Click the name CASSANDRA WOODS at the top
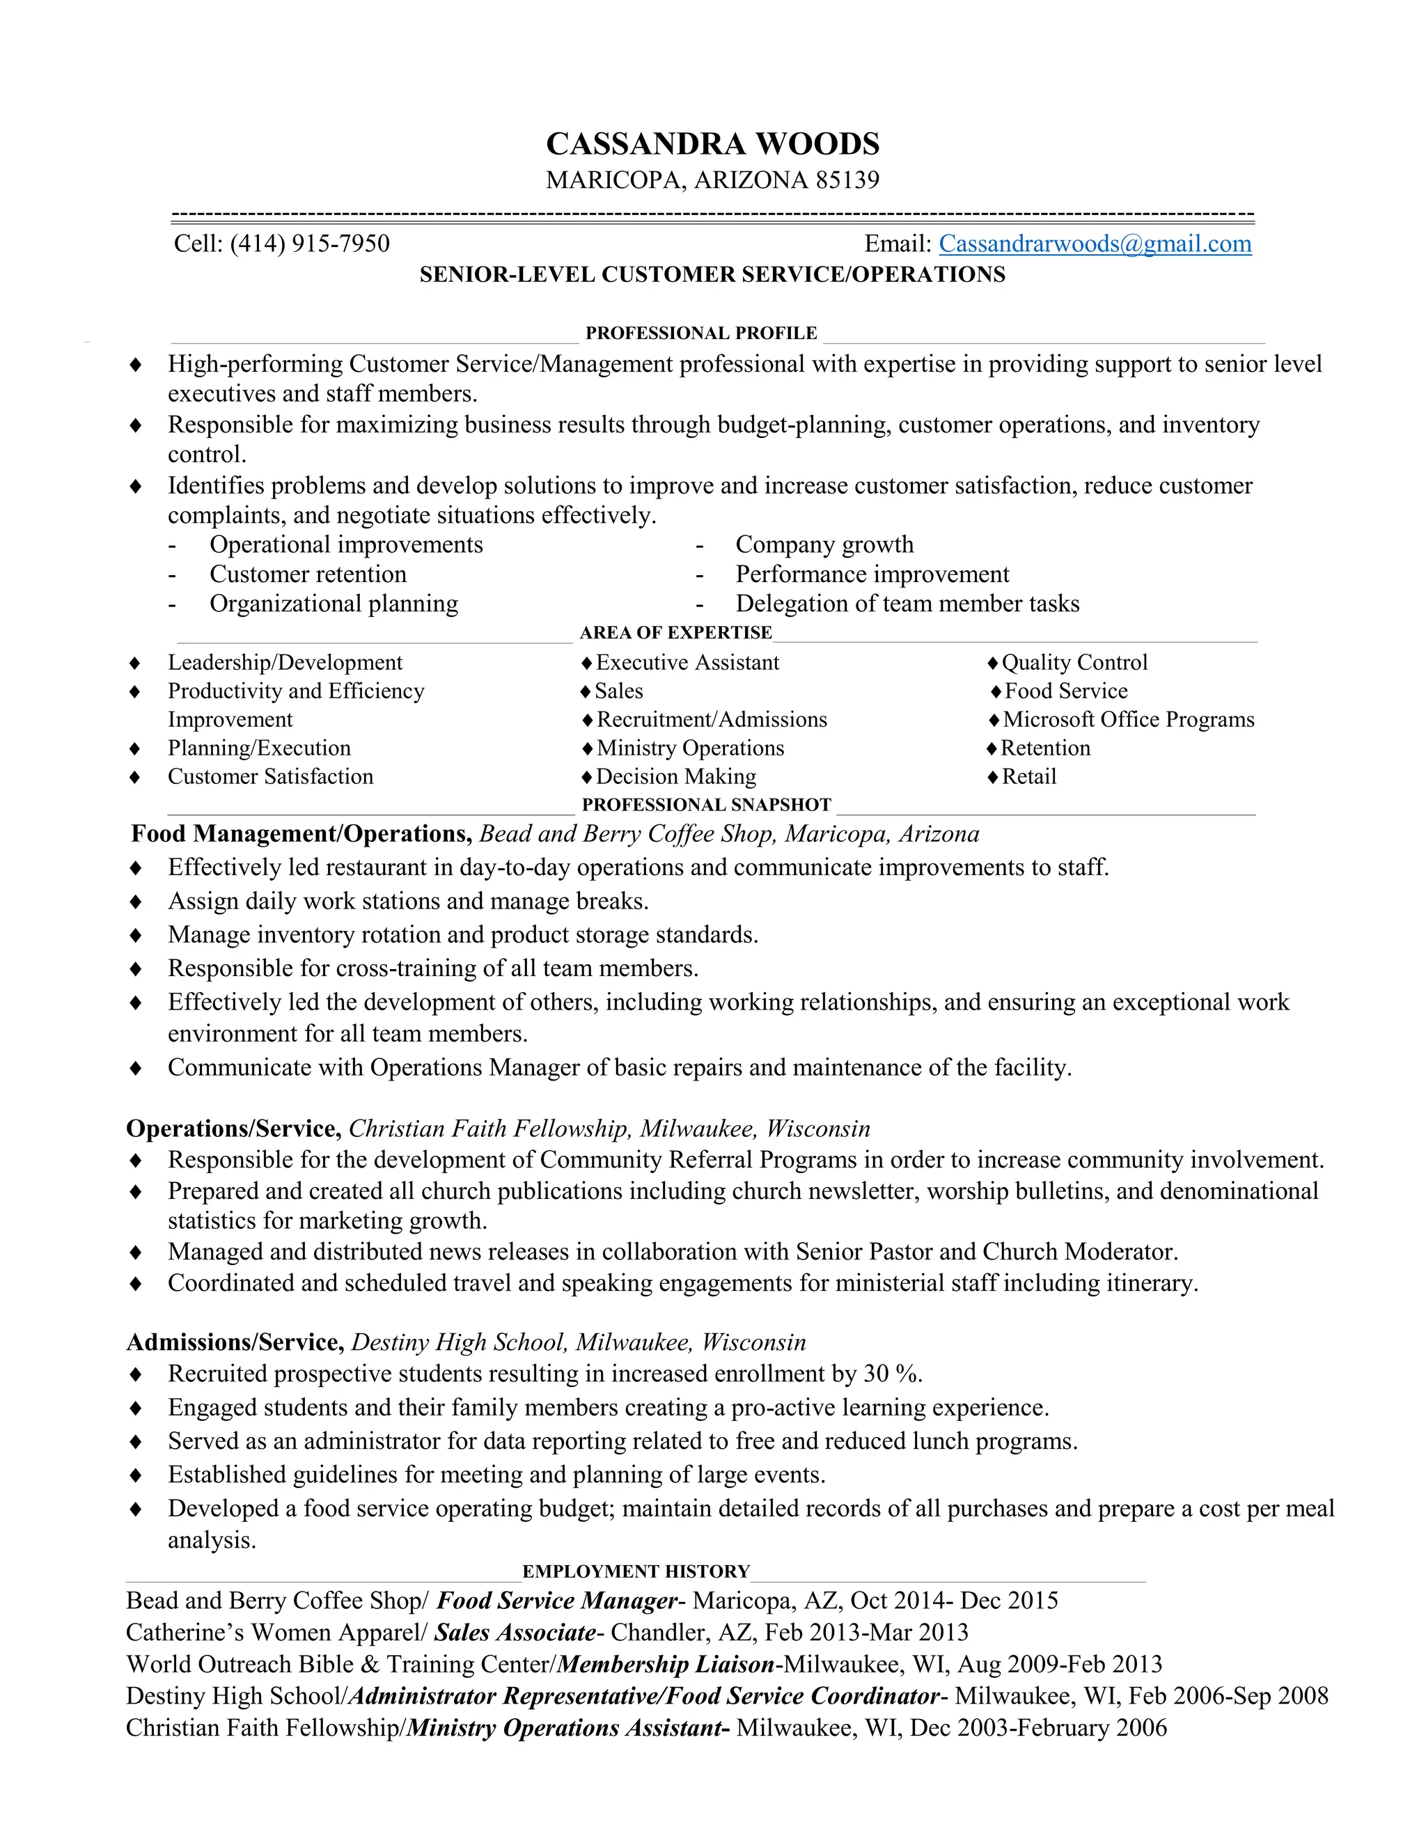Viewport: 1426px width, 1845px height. [712, 143]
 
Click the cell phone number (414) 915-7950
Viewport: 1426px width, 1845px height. [309, 244]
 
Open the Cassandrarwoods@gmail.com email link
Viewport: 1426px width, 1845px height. [1095, 244]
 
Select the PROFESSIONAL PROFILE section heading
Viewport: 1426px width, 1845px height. [701, 333]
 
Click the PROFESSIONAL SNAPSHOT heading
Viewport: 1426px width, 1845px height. [706, 804]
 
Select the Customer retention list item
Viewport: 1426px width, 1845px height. [308, 574]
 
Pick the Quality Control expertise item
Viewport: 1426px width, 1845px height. [1074, 662]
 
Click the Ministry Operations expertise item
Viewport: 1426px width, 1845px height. [689, 748]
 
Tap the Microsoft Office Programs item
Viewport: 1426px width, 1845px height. [1128, 720]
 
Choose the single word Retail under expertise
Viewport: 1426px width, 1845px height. [1028, 776]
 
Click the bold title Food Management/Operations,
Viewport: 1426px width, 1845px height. [301, 834]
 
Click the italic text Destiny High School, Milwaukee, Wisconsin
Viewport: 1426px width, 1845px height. [578, 1342]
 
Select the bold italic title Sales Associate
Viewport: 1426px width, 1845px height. [515, 1632]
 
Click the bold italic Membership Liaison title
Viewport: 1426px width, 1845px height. [666, 1664]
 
